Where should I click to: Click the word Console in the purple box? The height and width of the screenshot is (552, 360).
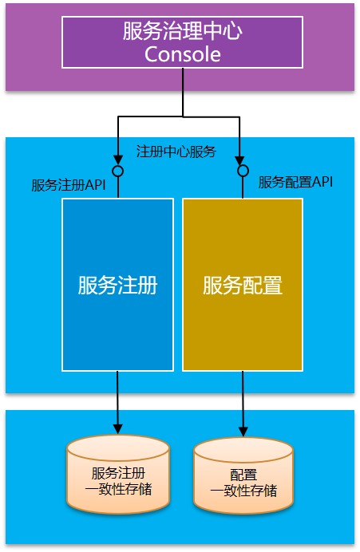[x=183, y=54]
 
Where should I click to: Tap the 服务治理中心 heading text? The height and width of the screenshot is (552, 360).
[x=183, y=31]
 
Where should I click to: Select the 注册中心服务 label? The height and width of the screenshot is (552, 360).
[x=176, y=152]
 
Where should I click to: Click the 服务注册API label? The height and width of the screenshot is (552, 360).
[x=69, y=185]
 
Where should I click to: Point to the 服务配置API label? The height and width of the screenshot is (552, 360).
[x=295, y=182]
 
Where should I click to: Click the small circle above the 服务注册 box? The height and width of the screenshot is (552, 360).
[x=117, y=171]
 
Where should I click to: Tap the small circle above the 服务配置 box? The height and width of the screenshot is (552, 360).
[x=243, y=171]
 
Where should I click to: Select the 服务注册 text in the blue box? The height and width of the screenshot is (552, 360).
[x=117, y=285]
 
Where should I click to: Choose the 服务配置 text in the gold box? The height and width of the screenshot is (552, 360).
[x=243, y=285]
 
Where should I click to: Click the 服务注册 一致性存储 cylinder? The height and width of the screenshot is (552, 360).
[x=118, y=474]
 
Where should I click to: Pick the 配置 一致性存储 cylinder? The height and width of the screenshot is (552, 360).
[x=243, y=476]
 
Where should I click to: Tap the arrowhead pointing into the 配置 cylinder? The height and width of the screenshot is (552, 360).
[x=243, y=431]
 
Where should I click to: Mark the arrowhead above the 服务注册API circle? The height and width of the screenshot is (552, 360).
[x=117, y=160]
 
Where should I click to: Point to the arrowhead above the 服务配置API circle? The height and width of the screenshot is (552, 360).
[x=240, y=160]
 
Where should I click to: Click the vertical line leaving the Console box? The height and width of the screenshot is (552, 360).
[x=183, y=93]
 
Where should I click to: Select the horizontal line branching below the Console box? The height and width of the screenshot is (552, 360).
[x=179, y=117]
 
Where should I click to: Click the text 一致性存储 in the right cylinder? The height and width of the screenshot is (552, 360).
[x=243, y=491]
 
